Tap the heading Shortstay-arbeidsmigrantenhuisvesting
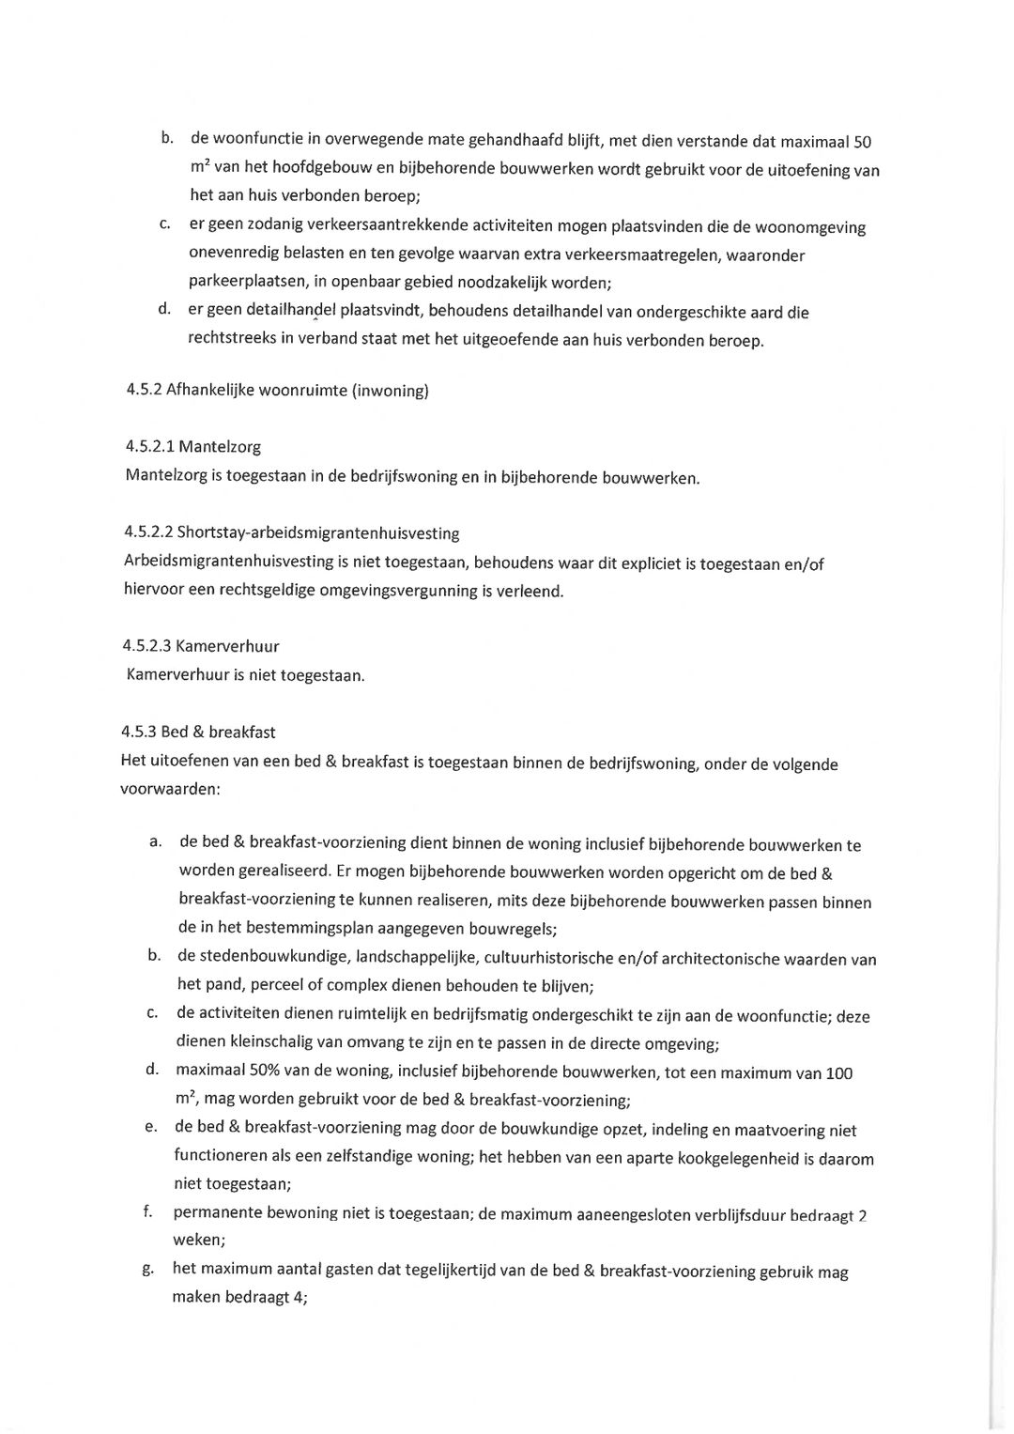318,533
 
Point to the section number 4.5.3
138,732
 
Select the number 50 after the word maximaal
862,143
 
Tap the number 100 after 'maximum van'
838,1073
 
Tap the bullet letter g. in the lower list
148,1269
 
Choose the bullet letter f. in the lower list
148,1211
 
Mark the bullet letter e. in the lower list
150,1127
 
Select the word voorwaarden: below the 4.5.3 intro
170,789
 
